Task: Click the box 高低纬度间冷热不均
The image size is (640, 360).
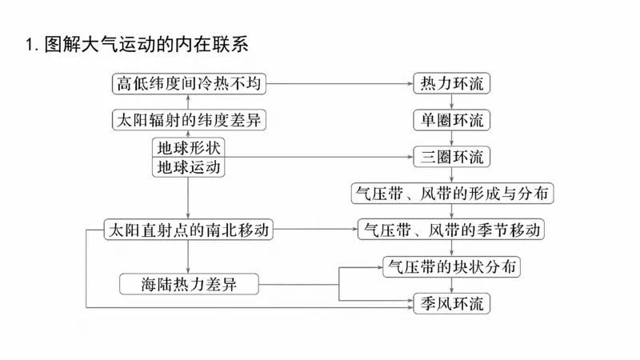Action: point(189,82)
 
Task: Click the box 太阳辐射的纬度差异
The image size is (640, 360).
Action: point(189,120)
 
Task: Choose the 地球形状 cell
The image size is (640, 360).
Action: point(189,147)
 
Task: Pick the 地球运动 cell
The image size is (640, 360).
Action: point(189,166)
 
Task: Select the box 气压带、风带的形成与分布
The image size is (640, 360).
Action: point(452,194)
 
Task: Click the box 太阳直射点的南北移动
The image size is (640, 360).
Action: point(189,230)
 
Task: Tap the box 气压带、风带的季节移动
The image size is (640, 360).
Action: point(452,230)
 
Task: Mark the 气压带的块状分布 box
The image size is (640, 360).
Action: point(452,266)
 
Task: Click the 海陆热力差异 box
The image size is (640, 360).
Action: point(189,284)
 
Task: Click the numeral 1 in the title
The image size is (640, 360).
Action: point(30,46)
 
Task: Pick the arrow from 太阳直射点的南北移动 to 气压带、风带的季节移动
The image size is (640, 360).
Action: point(315,230)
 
